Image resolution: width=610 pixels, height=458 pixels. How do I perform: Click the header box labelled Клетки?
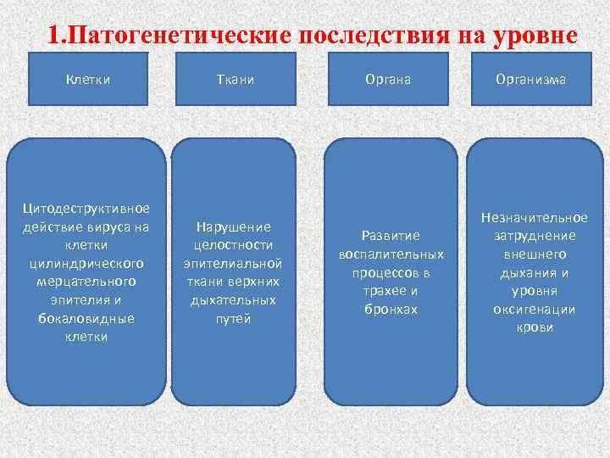pos(88,80)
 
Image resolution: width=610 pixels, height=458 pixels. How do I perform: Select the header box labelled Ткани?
pos(233,80)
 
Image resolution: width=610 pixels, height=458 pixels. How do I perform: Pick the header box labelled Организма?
pos(532,80)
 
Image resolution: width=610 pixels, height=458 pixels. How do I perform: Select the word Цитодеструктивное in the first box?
pos(87,209)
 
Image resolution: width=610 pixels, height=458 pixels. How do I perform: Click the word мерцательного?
pos(87,281)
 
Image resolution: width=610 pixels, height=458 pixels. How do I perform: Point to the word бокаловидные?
pos(87,318)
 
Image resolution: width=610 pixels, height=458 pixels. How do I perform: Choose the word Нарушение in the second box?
pos(233,226)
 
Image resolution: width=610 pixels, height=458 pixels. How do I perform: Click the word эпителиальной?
pos(233,264)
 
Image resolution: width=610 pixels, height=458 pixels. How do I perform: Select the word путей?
pos(233,319)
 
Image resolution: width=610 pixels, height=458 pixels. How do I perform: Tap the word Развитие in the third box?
pos(391,235)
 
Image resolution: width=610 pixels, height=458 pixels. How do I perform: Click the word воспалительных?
pos(391,254)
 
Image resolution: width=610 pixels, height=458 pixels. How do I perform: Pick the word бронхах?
pos(391,310)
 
